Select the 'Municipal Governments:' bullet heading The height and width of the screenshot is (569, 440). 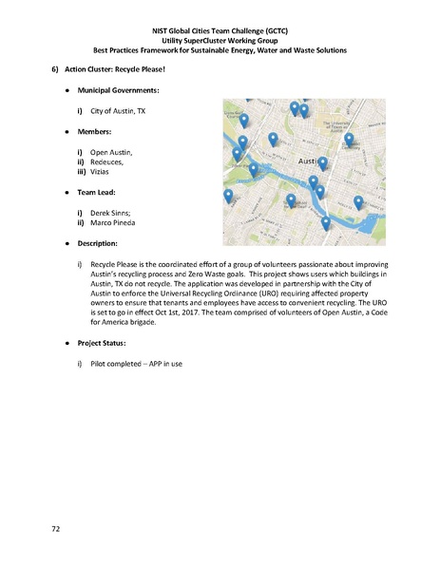tap(118, 91)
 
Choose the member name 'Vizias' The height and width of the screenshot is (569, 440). tap(103, 172)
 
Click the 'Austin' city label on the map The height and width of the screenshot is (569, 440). tap(311, 162)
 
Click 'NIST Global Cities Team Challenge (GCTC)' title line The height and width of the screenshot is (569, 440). tap(220, 29)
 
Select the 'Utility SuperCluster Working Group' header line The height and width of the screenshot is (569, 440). tap(220, 39)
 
